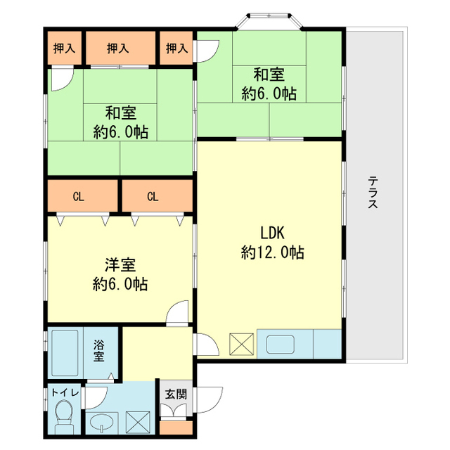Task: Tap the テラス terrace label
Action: [373, 192]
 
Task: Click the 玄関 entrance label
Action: [176, 394]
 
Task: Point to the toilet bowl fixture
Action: [64, 417]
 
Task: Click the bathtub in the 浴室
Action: [65, 353]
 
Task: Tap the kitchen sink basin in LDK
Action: [281, 345]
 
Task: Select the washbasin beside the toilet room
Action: [102, 423]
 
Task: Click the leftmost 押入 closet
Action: [65, 48]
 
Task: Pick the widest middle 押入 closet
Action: [121, 48]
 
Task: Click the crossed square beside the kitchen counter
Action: [241, 344]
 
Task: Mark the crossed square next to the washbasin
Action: [139, 423]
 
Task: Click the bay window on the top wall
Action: [269, 20]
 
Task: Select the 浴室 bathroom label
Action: [98, 351]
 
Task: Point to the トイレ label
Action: [65, 392]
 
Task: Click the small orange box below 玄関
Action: [176, 427]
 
